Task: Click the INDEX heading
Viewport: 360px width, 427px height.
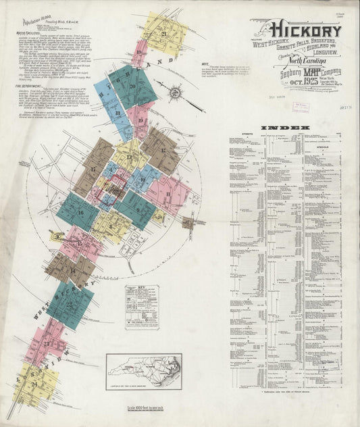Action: click(x=288, y=127)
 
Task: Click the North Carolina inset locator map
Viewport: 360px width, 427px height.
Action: click(x=144, y=370)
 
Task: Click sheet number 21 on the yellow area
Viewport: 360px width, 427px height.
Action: click(x=164, y=33)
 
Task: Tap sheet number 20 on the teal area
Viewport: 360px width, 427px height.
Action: click(x=132, y=86)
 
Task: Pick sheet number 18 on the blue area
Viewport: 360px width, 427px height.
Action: click(x=117, y=114)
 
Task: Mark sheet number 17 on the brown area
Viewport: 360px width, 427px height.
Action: click(x=93, y=169)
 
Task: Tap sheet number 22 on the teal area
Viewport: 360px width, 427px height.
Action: click(x=70, y=304)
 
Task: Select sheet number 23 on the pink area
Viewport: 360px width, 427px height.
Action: click(x=46, y=345)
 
